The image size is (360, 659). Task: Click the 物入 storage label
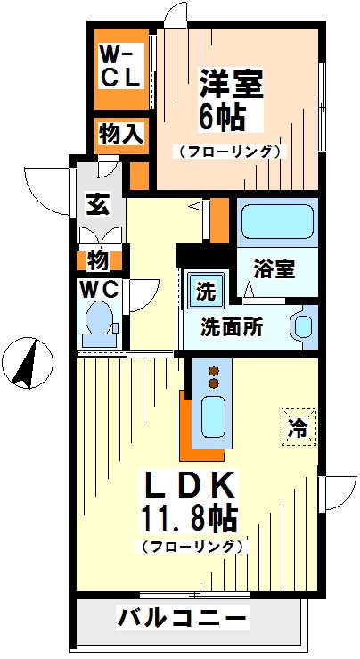tap(120, 135)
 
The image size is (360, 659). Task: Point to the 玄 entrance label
tap(97, 204)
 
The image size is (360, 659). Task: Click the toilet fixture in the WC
tap(98, 323)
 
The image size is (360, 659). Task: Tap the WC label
tap(102, 288)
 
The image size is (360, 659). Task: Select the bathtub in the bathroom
tap(275, 218)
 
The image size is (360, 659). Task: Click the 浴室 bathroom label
tap(274, 268)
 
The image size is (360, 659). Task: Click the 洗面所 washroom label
tap(231, 326)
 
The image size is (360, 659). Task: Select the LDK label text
tap(190, 488)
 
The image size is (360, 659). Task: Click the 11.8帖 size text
tap(190, 519)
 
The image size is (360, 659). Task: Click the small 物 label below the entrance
tap(97, 260)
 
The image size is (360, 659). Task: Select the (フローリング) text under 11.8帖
tap(190, 546)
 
